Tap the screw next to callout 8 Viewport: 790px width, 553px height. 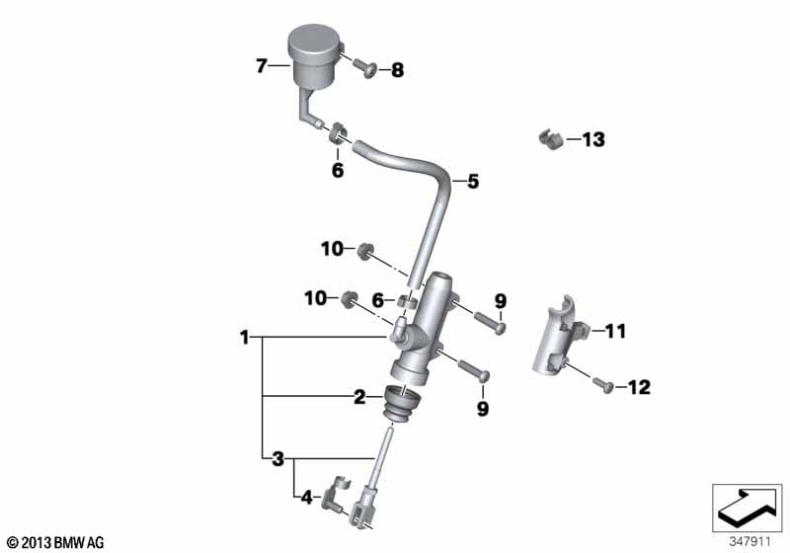click(x=364, y=67)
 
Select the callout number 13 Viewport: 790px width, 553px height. click(x=593, y=139)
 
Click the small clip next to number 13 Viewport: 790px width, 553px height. click(x=550, y=139)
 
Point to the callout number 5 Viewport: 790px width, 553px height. click(x=473, y=182)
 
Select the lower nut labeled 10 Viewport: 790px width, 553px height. click(x=349, y=299)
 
